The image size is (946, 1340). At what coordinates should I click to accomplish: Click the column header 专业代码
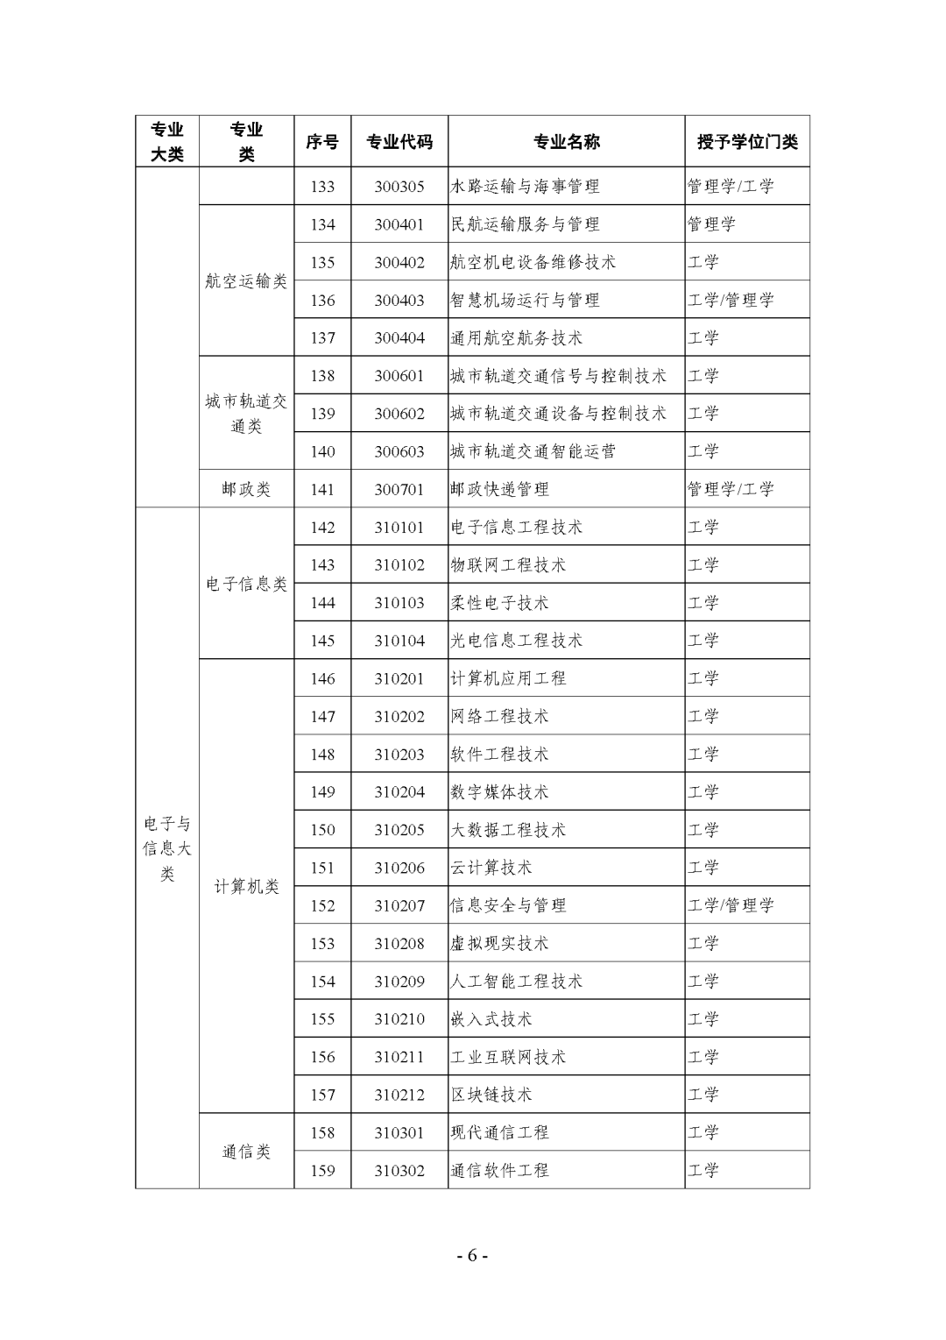tap(399, 142)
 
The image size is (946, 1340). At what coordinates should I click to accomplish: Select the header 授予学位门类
tap(747, 142)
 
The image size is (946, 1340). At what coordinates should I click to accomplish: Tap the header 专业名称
tap(566, 142)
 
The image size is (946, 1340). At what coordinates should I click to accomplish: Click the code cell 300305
tap(399, 187)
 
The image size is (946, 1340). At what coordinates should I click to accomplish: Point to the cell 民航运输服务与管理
tap(525, 224)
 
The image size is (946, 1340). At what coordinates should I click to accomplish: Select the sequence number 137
tap(322, 338)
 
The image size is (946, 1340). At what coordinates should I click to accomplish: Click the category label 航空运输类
tap(246, 281)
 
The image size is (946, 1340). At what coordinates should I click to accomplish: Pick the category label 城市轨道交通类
tap(246, 414)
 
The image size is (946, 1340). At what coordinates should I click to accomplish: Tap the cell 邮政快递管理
tap(499, 489)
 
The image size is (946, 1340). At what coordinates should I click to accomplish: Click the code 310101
tap(399, 528)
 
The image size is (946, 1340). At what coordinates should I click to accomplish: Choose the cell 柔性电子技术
tap(499, 603)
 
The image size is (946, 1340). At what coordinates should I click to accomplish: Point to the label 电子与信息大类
tap(167, 848)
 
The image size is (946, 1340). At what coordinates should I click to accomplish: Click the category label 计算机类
tap(246, 887)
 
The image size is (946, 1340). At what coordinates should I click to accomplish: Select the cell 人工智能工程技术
tap(516, 982)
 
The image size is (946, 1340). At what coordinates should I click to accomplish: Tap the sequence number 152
tap(322, 906)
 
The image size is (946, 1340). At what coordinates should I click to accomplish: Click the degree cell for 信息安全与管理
tap(731, 906)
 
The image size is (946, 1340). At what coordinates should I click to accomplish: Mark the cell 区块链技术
tap(491, 1095)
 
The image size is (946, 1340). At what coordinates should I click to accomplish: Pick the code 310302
tap(399, 1171)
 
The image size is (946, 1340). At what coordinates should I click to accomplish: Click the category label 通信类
tap(246, 1152)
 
